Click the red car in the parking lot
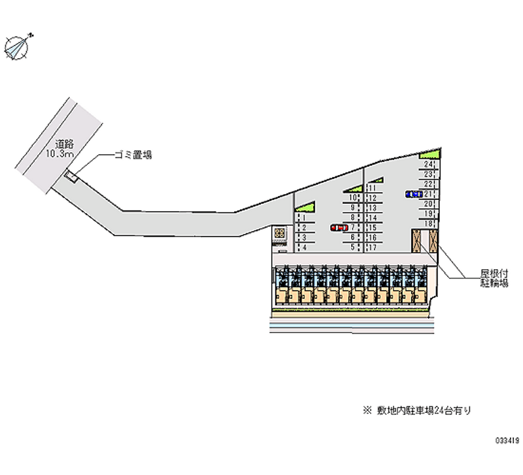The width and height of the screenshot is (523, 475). pos(338,227)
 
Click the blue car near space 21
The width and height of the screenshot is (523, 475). pos(413,194)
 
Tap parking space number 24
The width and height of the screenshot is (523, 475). pos(428,165)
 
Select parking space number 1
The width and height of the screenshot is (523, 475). pos(304,218)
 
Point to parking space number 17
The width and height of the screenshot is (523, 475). pos(372,248)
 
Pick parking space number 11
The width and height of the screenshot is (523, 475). pos(372,188)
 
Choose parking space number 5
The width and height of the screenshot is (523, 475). pos(352,247)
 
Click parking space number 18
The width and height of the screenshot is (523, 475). pos(428,223)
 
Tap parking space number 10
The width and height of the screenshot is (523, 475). pos(352,197)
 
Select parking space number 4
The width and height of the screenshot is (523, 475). pos(304,248)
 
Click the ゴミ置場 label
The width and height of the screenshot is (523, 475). pos(133,155)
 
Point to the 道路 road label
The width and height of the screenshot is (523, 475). pos(63,144)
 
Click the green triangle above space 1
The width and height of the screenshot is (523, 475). pos(306,206)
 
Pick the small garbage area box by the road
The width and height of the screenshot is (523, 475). pos(71,176)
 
